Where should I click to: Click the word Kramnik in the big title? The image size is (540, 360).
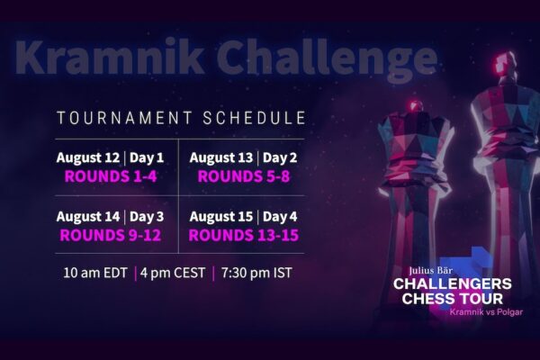point(109,58)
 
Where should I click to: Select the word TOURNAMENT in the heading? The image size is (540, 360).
point(124,118)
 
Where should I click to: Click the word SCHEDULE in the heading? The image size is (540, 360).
point(254,118)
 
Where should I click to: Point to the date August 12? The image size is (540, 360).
point(88,157)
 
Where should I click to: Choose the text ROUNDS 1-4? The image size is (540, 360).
point(111,176)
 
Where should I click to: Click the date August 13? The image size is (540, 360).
point(221,157)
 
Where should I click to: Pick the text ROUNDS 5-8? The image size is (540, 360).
point(244,176)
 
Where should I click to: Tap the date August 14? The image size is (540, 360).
point(88,217)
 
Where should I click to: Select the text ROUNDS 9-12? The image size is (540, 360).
point(110,235)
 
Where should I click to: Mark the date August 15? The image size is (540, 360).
point(221,217)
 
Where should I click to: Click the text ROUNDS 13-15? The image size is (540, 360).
point(244,235)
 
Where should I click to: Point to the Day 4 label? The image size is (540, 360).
point(280,217)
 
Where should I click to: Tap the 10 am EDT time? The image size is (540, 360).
point(95,273)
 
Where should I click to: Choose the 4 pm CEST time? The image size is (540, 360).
point(173,273)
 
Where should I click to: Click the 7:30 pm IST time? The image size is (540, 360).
point(256,273)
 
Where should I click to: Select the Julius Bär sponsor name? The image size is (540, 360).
point(431,271)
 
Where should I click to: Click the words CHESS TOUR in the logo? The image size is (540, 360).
point(452,299)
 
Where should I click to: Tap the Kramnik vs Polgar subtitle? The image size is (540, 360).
point(486,312)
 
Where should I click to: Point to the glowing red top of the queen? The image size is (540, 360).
point(415,105)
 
